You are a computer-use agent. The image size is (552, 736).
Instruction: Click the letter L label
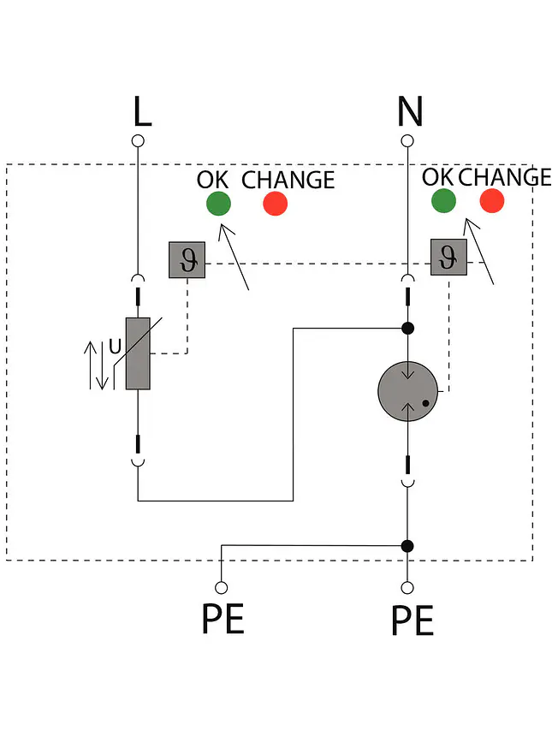[x=142, y=111]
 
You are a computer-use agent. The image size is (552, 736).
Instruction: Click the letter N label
[x=410, y=111]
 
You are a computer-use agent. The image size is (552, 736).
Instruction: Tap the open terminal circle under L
[x=138, y=141]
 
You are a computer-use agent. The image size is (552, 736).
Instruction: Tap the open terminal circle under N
[x=407, y=141]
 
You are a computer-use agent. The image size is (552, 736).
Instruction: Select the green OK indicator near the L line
[x=219, y=204]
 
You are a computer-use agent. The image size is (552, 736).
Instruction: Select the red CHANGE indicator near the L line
[x=275, y=204]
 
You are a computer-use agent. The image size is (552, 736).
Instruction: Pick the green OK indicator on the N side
[x=443, y=201]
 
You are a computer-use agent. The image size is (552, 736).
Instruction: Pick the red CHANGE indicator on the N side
[x=492, y=201]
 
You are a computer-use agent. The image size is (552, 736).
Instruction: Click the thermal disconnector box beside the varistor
[x=187, y=260]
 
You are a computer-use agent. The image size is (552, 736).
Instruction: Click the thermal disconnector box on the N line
[x=448, y=258]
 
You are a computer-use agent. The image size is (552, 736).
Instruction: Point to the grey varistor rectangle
[x=138, y=353]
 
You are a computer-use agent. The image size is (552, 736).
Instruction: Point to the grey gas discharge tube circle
[x=408, y=391]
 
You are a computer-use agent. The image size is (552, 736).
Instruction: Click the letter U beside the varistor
[x=115, y=347]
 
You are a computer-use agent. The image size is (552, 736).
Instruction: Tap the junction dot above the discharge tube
[x=408, y=328]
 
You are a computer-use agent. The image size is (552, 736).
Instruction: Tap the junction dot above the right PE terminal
[x=407, y=546]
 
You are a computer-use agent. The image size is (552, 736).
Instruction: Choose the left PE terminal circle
[x=221, y=588]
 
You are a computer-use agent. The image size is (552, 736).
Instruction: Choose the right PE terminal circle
[x=407, y=588]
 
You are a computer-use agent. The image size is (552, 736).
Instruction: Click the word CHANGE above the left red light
[x=288, y=180]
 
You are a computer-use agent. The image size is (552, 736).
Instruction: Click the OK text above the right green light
[x=437, y=177]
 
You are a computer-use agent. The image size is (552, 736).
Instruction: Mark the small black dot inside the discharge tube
[x=425, y=403]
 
